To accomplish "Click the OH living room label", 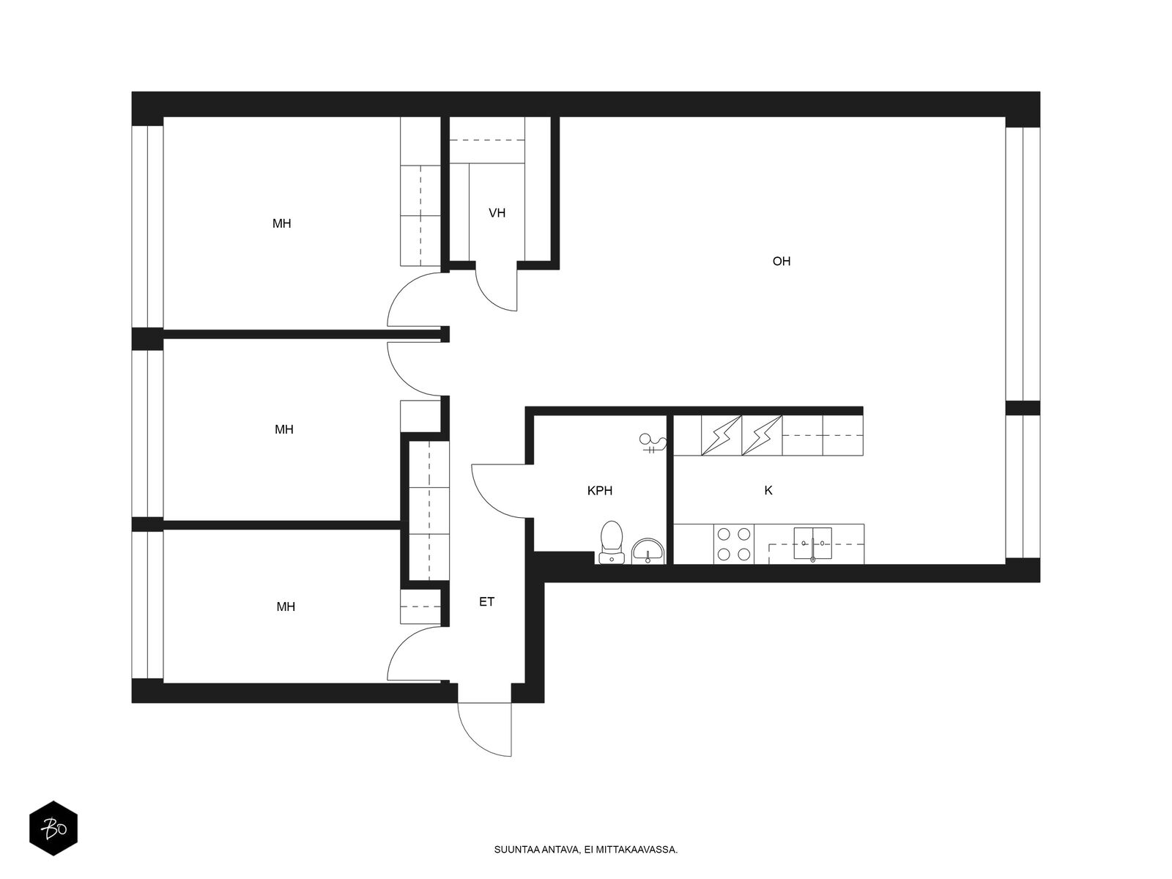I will pyautogui.click(x=782, y=262).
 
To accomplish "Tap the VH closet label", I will pyautogui.click(x=497, y=213).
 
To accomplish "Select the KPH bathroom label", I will pyautogui.click(x=600, y=491).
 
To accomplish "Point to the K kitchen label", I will pyautogui.click(x=768, y=491).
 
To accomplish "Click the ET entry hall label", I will pyautogui.click(x=487, y=602).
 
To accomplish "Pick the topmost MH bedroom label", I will pyautogui.click(x=282, y=223).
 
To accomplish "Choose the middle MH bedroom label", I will pyautogui.click(x=284, y=429).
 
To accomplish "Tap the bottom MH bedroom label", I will pyautogui.click(x=286, y=607).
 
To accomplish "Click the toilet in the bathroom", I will pyautogui.click(x=611, y=543).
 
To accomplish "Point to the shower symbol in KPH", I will pyautogui.click(x=652, y=443).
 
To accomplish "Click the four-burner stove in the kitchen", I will pyautogui.click(x=733, y=544).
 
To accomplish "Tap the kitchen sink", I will pyautogui.click(x=813, y=544).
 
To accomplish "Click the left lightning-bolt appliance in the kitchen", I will pyautogui.click(x=722, y=436).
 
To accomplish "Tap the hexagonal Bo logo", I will pyautogui.click(x=53, y=829).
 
